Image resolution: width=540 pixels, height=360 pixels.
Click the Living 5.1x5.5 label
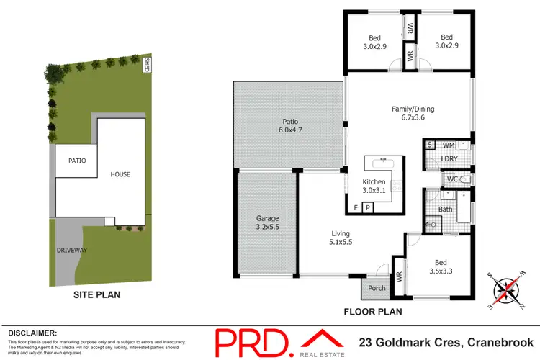click(340, 238)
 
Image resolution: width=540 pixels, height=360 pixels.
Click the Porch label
click(377, 288)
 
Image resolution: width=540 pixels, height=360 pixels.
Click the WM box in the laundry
click(449, 145)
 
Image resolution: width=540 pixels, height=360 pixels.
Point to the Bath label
click(445, 210)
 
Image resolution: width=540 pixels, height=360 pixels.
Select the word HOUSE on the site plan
click(122, 174)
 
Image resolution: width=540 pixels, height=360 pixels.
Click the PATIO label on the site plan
click(77, 161)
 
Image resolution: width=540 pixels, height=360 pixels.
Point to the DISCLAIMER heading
click(32, 333)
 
